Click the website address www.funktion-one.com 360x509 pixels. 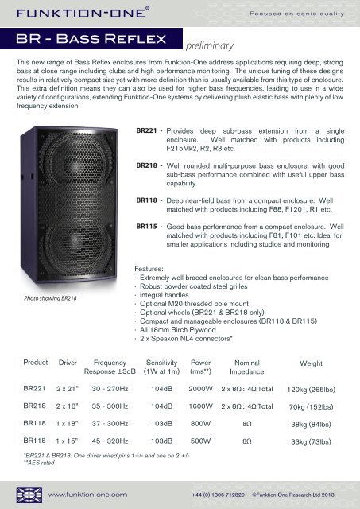click(x=88, y=494)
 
